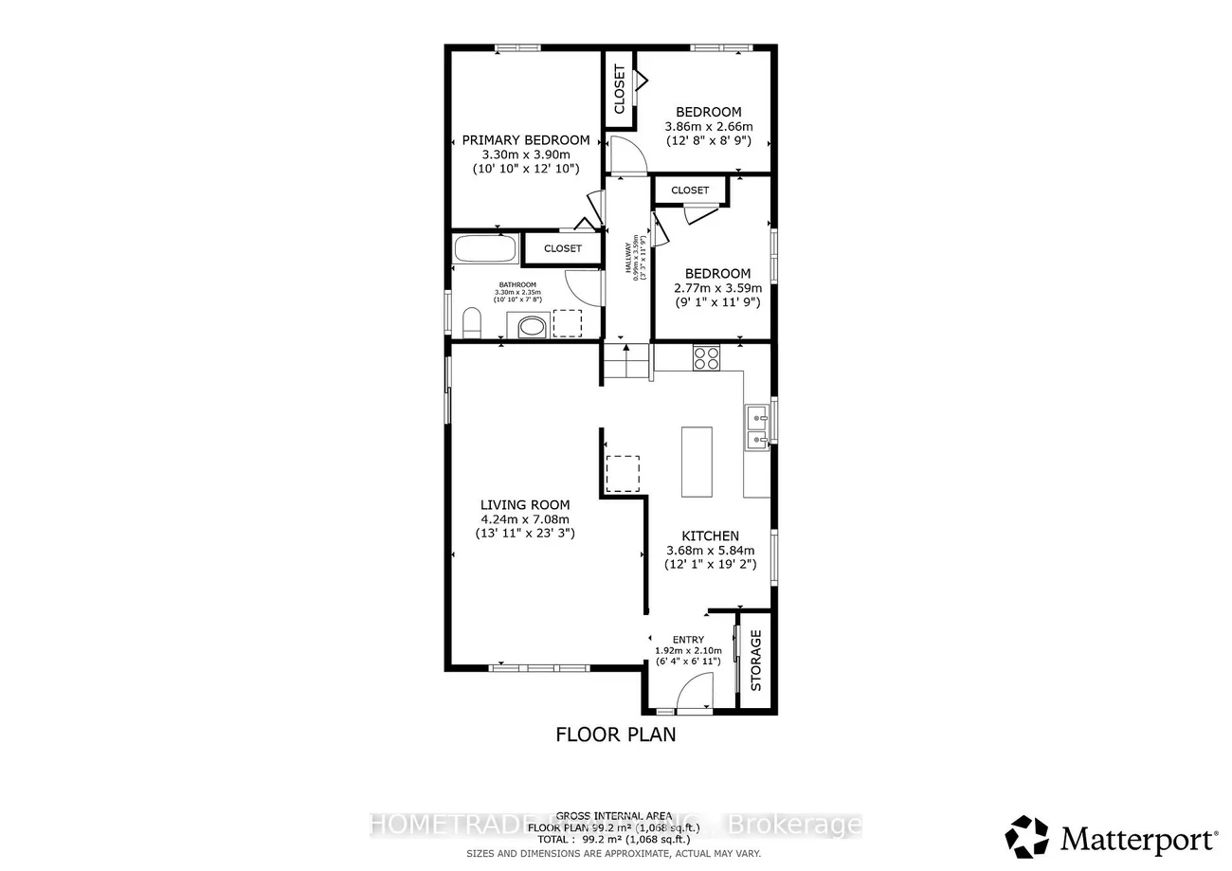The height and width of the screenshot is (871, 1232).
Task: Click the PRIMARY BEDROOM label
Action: (x=525, y=140)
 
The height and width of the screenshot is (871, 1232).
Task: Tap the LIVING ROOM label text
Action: (x=524, y=505)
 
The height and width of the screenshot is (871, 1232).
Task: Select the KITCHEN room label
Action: (x=709, y=536)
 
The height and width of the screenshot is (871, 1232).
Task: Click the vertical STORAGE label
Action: (x=756, y=660)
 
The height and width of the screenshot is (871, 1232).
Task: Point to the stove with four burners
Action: (x=706, y=357)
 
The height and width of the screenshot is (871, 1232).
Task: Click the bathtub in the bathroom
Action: (x=485, y=250)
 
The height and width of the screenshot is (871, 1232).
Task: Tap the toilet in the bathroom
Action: (x=472, y=324)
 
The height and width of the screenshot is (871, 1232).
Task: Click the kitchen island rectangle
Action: (x=697, y=462)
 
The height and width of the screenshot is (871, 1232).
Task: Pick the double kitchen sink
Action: (x=756, y=427)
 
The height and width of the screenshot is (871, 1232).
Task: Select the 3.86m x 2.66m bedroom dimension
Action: (x=715, y=127)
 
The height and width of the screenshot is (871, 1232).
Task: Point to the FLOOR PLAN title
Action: (x=615, y=735)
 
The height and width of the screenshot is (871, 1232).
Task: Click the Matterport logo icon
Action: (x=1027, y=837)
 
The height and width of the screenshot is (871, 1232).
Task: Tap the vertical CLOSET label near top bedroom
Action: (x=620, y=89)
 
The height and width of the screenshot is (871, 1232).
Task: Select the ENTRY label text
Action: (x=688, y=640)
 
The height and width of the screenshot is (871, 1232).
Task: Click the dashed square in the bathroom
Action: (x=568, y=323)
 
